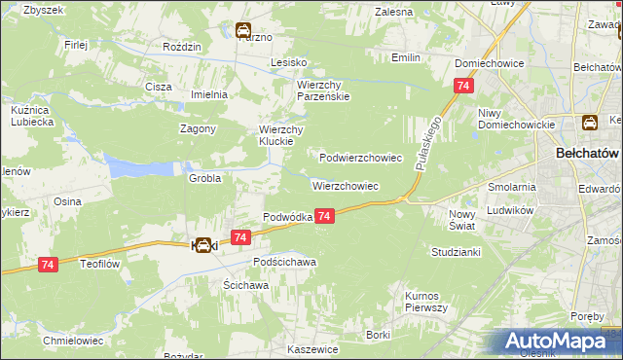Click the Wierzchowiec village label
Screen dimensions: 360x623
(x=345, y=185)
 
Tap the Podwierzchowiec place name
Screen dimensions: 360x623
(x=361, y=157)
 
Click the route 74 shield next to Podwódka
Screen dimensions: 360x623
(x=325, y=216)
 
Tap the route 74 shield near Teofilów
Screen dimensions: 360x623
(x=49, y=264)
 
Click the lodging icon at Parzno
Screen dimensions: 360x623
(x=241, y=31)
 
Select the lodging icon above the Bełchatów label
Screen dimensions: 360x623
(x=589, y=123)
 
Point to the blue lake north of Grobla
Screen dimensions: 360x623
(x=136, y=166)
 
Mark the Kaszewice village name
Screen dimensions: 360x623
(x=312, y=348)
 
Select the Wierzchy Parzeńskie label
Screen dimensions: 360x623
(x=322, y=90)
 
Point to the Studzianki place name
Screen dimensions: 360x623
(x=456, y=251)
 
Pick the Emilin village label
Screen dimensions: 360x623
(x=405, y=57)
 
